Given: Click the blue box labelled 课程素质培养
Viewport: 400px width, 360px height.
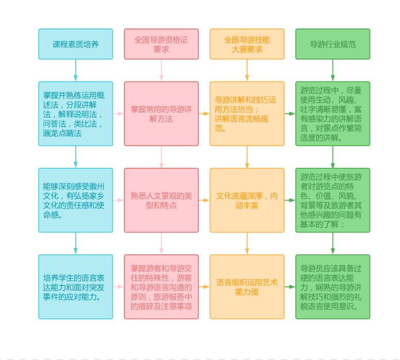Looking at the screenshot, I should tap(75, 44).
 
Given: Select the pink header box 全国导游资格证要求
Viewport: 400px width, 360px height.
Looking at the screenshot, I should tap(161, 44).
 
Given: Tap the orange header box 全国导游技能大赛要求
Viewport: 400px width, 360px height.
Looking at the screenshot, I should tap(247, 44).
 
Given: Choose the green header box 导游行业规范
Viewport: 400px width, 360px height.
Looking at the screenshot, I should tap(333, 44).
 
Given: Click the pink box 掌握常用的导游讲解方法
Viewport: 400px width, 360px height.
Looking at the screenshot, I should tap(161, 113).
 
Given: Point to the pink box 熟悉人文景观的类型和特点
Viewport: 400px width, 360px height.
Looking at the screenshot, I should tap(161, 200).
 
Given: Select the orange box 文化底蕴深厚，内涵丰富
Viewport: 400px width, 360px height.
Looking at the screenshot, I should tap(247, 200).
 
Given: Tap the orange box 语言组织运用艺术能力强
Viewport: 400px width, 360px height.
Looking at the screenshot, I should tap(247, 286).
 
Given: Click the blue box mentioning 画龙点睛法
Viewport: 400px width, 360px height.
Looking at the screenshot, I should tap(75, 113).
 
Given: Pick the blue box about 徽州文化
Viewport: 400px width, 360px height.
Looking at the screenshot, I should tap(75, 200).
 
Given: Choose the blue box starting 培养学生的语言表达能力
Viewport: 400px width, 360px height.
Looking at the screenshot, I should tap(75, 286).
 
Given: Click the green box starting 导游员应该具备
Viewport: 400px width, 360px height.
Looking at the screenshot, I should tap(333, 286).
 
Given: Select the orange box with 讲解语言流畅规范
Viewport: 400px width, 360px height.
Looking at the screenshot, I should tap(247, 113).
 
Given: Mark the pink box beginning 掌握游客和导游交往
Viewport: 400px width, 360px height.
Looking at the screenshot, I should tap(161, 286).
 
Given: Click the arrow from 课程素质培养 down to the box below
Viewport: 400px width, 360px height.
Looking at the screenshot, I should tap(76, 70).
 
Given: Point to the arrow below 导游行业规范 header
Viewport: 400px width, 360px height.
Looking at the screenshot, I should tap(333, 70).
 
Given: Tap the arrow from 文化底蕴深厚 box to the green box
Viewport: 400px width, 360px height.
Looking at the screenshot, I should tap(290, 200).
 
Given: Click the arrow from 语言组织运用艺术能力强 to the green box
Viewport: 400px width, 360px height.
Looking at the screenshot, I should tap(290, 286).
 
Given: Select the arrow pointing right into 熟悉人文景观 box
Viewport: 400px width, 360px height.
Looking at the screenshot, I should tap(118, 200).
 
